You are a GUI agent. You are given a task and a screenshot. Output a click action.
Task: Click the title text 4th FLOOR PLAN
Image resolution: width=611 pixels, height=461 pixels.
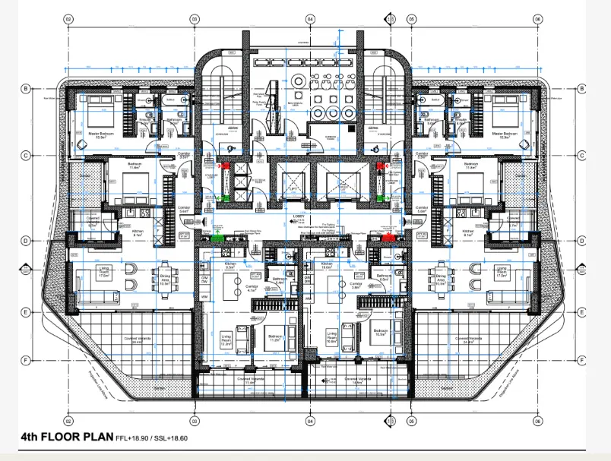[65, 437]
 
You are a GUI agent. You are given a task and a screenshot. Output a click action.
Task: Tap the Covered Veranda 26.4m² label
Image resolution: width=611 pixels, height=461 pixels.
[137, 341]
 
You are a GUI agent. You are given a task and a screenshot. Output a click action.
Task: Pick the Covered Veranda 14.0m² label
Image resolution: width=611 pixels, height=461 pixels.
[356, 380]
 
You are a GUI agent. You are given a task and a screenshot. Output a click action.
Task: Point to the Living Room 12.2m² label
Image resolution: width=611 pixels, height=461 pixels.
[226, 338]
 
